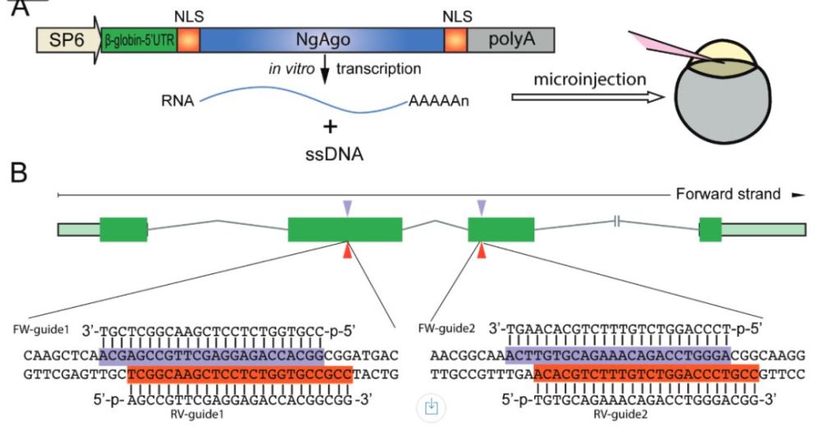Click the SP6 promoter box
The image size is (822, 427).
tap(64, 39)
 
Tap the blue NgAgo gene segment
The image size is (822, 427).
tap(321, 39)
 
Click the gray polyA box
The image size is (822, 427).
tap(510, 39)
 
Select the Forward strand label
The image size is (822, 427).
tap(727, 195)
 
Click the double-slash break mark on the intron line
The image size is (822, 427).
tap(617, 221)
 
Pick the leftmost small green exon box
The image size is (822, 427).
tap(123, 229)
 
